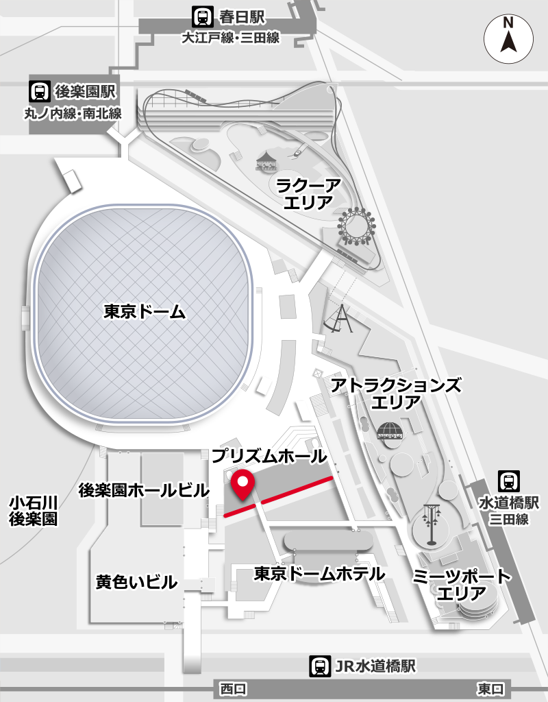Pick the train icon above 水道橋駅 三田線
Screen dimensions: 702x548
click(x=508, y=481)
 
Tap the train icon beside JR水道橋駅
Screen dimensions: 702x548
click(x=319, y=665)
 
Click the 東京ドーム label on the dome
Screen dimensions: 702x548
click(x=145, y=312)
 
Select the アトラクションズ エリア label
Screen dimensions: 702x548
click(x=396, y=394)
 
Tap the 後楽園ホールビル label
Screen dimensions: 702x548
click(x=144, y=491)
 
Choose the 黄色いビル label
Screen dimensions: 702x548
click(x=137, y=583)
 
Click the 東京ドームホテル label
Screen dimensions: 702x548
click(x=319, y=573)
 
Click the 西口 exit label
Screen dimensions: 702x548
click(x=233, y=688)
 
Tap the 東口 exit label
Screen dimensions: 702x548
click(x=490, y=688)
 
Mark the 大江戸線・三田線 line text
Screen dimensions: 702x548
click(x=230, y=38)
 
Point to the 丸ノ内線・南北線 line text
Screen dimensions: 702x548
click(x=73, y=113)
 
